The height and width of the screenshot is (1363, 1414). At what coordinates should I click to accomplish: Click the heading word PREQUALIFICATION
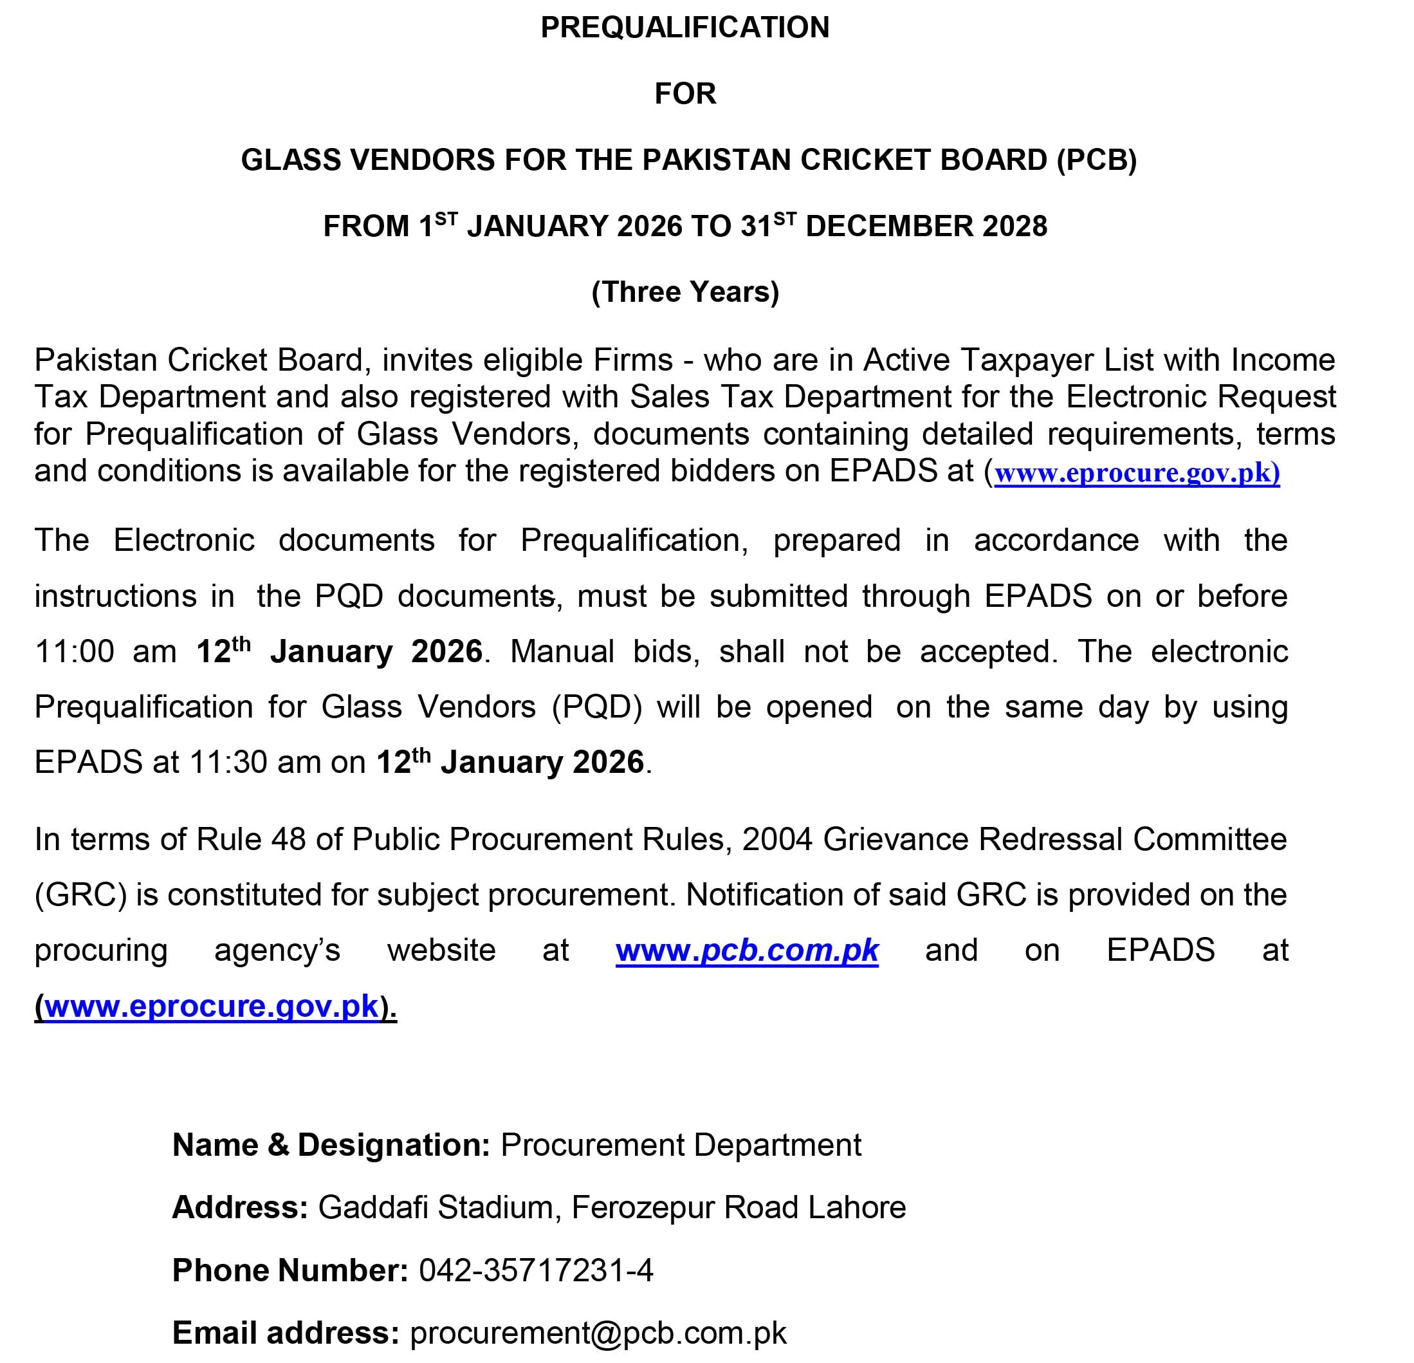(684, 28)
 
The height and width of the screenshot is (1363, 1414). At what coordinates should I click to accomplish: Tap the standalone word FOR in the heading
(684, 94)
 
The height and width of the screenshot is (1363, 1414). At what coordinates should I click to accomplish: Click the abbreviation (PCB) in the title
(1097, 160)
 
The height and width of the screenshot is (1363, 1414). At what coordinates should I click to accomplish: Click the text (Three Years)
(684, 292)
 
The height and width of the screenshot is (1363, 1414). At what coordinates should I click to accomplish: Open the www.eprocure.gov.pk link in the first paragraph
(1136, 472)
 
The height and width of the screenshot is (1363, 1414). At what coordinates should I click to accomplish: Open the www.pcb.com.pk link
(747, 950)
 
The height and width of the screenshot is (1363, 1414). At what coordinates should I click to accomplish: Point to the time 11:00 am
(106, 651)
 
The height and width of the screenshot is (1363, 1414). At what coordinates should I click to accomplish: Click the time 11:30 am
(255, 763)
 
